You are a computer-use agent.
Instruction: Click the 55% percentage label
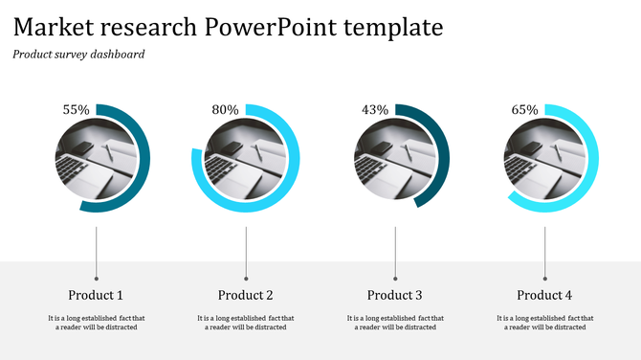pyautogui.click(x=76, y=110)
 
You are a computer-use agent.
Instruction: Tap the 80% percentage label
pyautogui.click(x=225, y=110)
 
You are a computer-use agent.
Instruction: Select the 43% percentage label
pyautogui.click(x=375, y=110)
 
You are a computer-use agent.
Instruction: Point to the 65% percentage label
pyautogui.click(x=524, y=110)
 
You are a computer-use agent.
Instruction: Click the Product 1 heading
pyautogui.click(x=96, y=295)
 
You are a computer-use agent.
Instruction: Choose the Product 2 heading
pyautogui.click(x=246, y=295)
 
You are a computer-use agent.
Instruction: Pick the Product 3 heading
pyautogui.click(x=395, y=295)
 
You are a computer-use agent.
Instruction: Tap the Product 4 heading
pyautogui.click(x=544, y=295)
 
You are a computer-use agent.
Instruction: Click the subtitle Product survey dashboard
pyautogui.click(x=78, y=55)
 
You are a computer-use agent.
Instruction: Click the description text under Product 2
pyautogui.click(x=246, y=323)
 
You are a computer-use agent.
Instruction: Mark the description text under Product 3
pyautogui.click(x=395, y=323)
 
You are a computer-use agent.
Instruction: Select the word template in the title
pyautogui.click(x=396, y=26)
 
